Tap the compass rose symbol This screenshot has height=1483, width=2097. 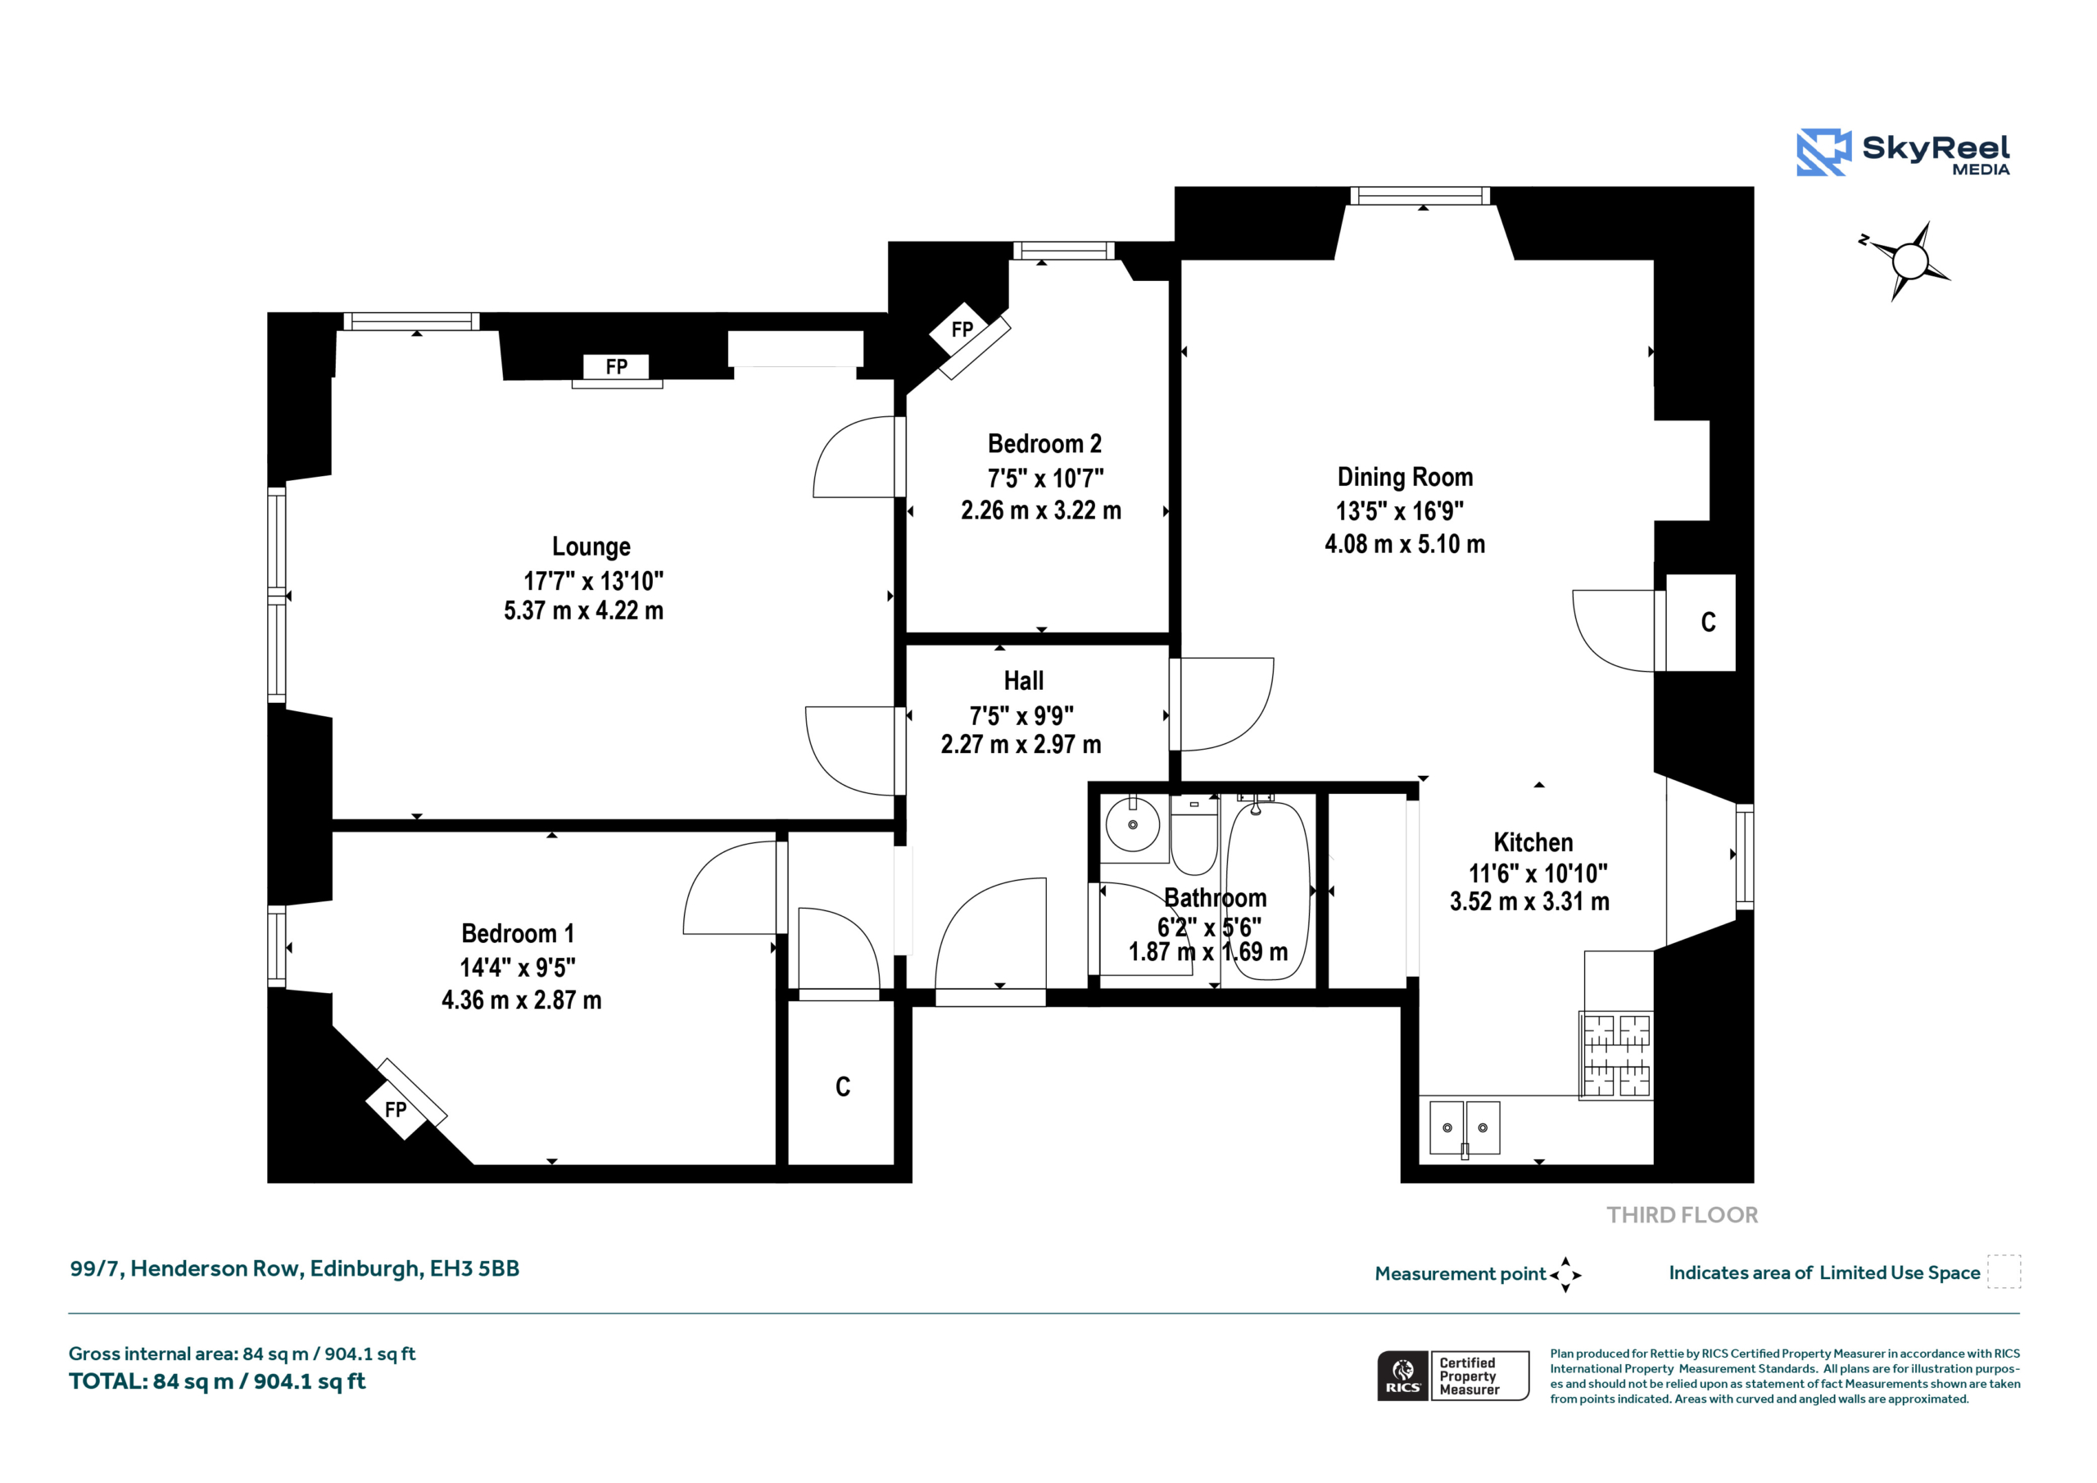pyautogui.click(x=1907, y=261)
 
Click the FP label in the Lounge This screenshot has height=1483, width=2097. pyautogui.click(x=617, y=366)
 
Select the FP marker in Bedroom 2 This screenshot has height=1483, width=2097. pyautogui.click(x=962, y=329)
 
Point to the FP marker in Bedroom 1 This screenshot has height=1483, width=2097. pyautogui.click(x=396, y=1109)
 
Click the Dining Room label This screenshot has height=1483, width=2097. pyautogui.click(x=1405, y=477)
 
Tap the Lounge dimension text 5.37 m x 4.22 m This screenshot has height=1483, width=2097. pyautogui.click(x=583, y=610)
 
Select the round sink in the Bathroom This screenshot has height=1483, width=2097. pyautogui.click(x=1133, y=824)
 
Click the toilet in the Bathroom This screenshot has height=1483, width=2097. pyautogui.click(x=1193, y=835)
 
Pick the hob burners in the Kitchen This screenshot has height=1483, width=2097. pyautogui.click(x=1615, y=1054)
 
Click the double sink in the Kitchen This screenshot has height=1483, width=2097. pyautogui.click(x=1464, y=1127)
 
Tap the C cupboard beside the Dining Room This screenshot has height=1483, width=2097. pyautogui.click(x=1708, y=622)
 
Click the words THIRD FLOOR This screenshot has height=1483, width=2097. pyautogui.click(x=1683, y=1214)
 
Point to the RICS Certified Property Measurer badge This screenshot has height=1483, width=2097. pyautogui.click(x=1453, y=1375)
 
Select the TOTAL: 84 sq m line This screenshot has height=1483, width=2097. pyautogui.click(x=217, y=1381)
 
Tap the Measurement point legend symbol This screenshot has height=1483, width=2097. pyautogui.click(x=1565, y=1275)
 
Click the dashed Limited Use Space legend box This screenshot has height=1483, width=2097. pyautogui.click(x=2004, y=1271)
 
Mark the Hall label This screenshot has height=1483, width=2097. pyautogui.click(x=1024, y=681)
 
